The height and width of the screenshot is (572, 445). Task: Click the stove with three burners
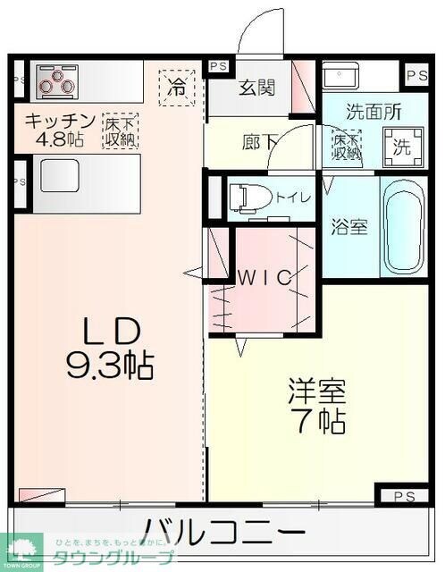click(x=57, y=80)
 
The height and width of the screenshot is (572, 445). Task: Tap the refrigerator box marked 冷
click(x=178, y=87)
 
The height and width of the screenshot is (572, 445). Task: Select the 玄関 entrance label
click(x=257, y=88)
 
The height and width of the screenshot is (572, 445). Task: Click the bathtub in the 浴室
click(x=404, y=224)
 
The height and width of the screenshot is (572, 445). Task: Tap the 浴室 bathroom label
click(x=349, y=226)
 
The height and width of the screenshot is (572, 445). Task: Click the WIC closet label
click(x=264, y=277)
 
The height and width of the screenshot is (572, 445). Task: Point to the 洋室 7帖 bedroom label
click(x=316, y=406)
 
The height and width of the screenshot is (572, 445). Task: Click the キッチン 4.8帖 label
click(x=59, y=130)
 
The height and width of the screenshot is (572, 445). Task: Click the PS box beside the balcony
click(x=402, y=493)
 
